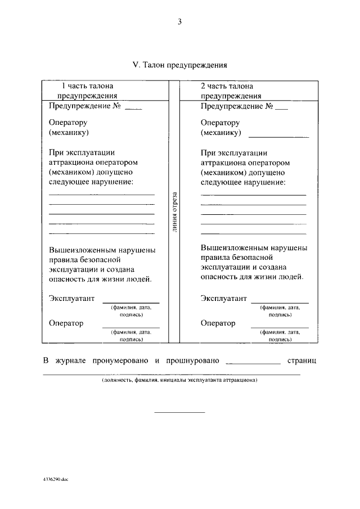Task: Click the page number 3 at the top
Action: click(179, 22)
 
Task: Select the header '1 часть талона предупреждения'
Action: click(87, 91)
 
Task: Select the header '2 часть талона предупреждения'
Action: click(227, 91)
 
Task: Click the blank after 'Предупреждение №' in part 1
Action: click(133, 106)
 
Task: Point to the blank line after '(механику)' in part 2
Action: click(278, 135)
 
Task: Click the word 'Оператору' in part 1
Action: click(68, 123)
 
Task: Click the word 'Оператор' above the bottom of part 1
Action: click(66, 323)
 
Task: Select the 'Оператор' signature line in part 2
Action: click(280, 326)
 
